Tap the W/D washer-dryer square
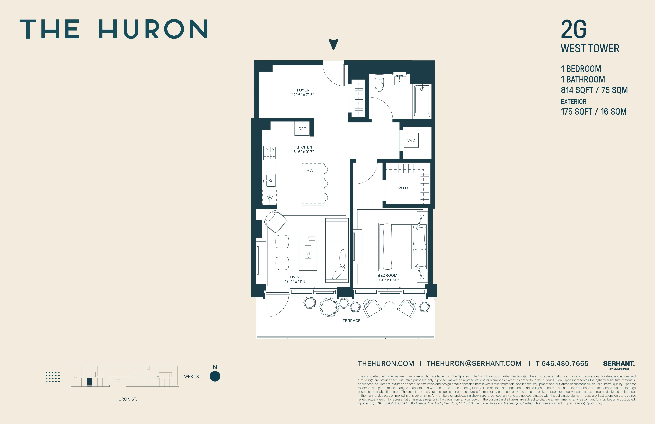(411, 140)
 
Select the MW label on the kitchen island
(310, 170)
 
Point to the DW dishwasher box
(269, 197)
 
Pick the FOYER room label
(303, 90)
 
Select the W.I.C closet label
(403, 188)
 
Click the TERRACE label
(351, 320)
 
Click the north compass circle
(215, 376)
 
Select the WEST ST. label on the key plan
(193, 377)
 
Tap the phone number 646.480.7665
(565, 363)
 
